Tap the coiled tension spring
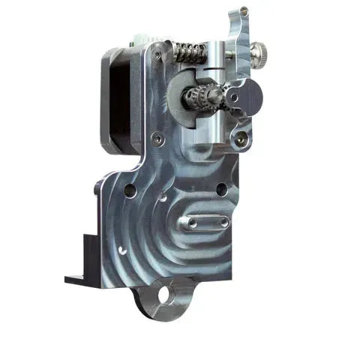(190, 52)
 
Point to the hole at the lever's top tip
(244, 12)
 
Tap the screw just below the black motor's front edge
(156, 138)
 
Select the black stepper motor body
(114, 97)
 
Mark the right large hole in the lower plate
(220, 189)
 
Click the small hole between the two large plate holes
(163, 200)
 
